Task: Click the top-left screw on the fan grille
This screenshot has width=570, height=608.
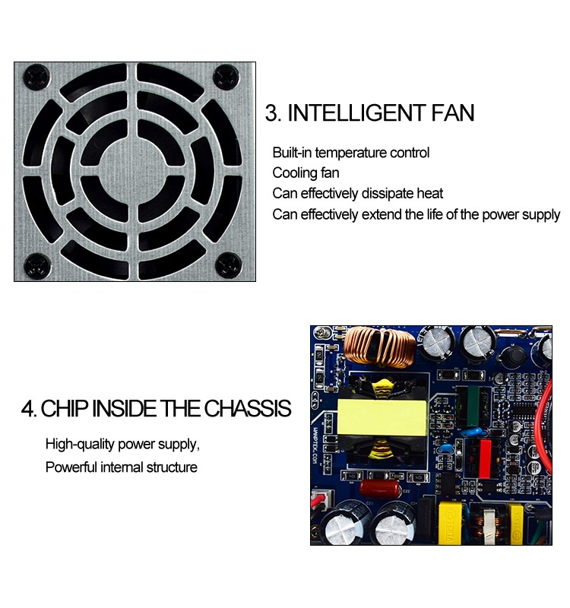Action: pyautogui.click(x=35, y=76)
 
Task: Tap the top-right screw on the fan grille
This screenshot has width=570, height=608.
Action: pyautogui.click(x=226, y=76)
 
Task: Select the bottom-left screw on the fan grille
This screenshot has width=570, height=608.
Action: pyautogui.click(x=35, y=265)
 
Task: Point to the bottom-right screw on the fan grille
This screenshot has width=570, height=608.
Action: pyautogui.click(x=226, y=265)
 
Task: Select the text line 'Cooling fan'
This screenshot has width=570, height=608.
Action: pyautogui.click(x=306, y=173)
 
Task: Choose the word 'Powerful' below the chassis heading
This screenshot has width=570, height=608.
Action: pyautogui.click(x=71, y=467)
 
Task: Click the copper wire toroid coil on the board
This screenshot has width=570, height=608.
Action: pyautogui.click(x=378, y=346)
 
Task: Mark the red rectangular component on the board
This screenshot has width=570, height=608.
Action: pyautogui.click(x=478, y=458)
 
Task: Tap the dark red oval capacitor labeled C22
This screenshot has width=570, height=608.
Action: pyautogui.click(x=380, y=487)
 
